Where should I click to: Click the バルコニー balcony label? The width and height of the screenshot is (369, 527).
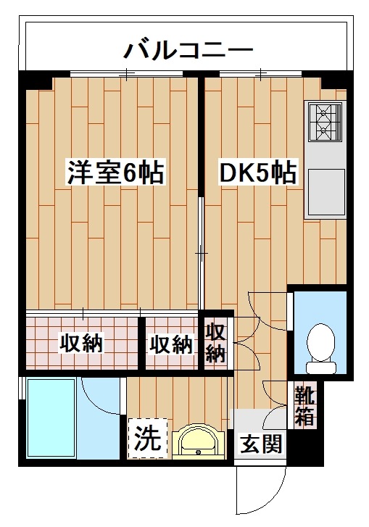pos(187,50)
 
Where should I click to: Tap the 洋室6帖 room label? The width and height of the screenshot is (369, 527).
pos(116,174)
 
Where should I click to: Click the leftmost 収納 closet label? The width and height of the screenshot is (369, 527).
pos(81,343)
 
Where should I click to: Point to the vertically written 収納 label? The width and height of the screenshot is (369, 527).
pos(216,344)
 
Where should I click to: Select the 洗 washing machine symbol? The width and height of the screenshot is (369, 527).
pos(146,438)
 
